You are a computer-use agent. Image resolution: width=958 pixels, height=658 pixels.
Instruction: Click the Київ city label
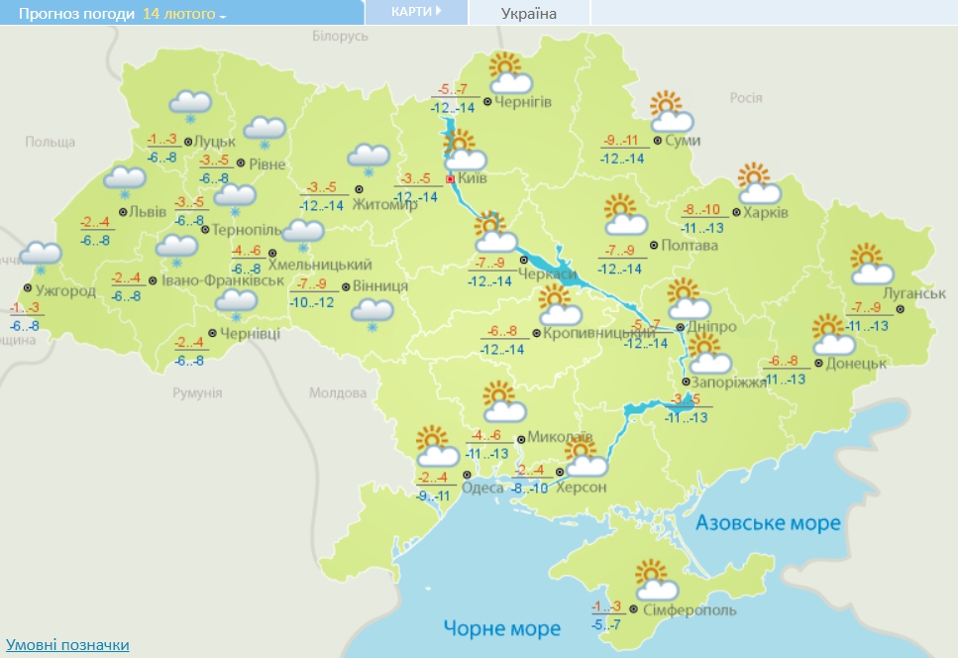click(x=473, y=180)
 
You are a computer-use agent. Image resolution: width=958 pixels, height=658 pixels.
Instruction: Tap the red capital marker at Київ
click(x=451, y=180)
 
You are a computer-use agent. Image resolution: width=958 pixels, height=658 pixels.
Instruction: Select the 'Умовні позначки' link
click(x=67, y=644)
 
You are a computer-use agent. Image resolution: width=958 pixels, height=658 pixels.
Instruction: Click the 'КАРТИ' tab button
click(x=415, y=11)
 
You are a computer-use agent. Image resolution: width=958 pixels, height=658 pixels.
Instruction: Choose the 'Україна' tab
click(x=528, y=13)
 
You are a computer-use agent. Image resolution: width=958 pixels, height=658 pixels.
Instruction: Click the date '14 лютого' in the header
click(x=179, y=14)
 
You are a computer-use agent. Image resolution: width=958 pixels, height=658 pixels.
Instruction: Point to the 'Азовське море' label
click(x=768, y=522)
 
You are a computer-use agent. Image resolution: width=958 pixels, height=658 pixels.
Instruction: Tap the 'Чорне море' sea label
click(x=501, y=628)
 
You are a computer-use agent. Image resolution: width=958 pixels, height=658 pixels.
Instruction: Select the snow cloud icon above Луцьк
click(x=189, y=104)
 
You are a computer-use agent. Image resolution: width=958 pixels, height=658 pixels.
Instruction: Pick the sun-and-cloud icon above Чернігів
click(x=510, y=72)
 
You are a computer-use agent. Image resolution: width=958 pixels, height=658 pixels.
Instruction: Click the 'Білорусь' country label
click(x=340, y=36)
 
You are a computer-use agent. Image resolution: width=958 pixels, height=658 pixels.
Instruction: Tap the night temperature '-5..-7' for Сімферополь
click(x=606, y=625)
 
